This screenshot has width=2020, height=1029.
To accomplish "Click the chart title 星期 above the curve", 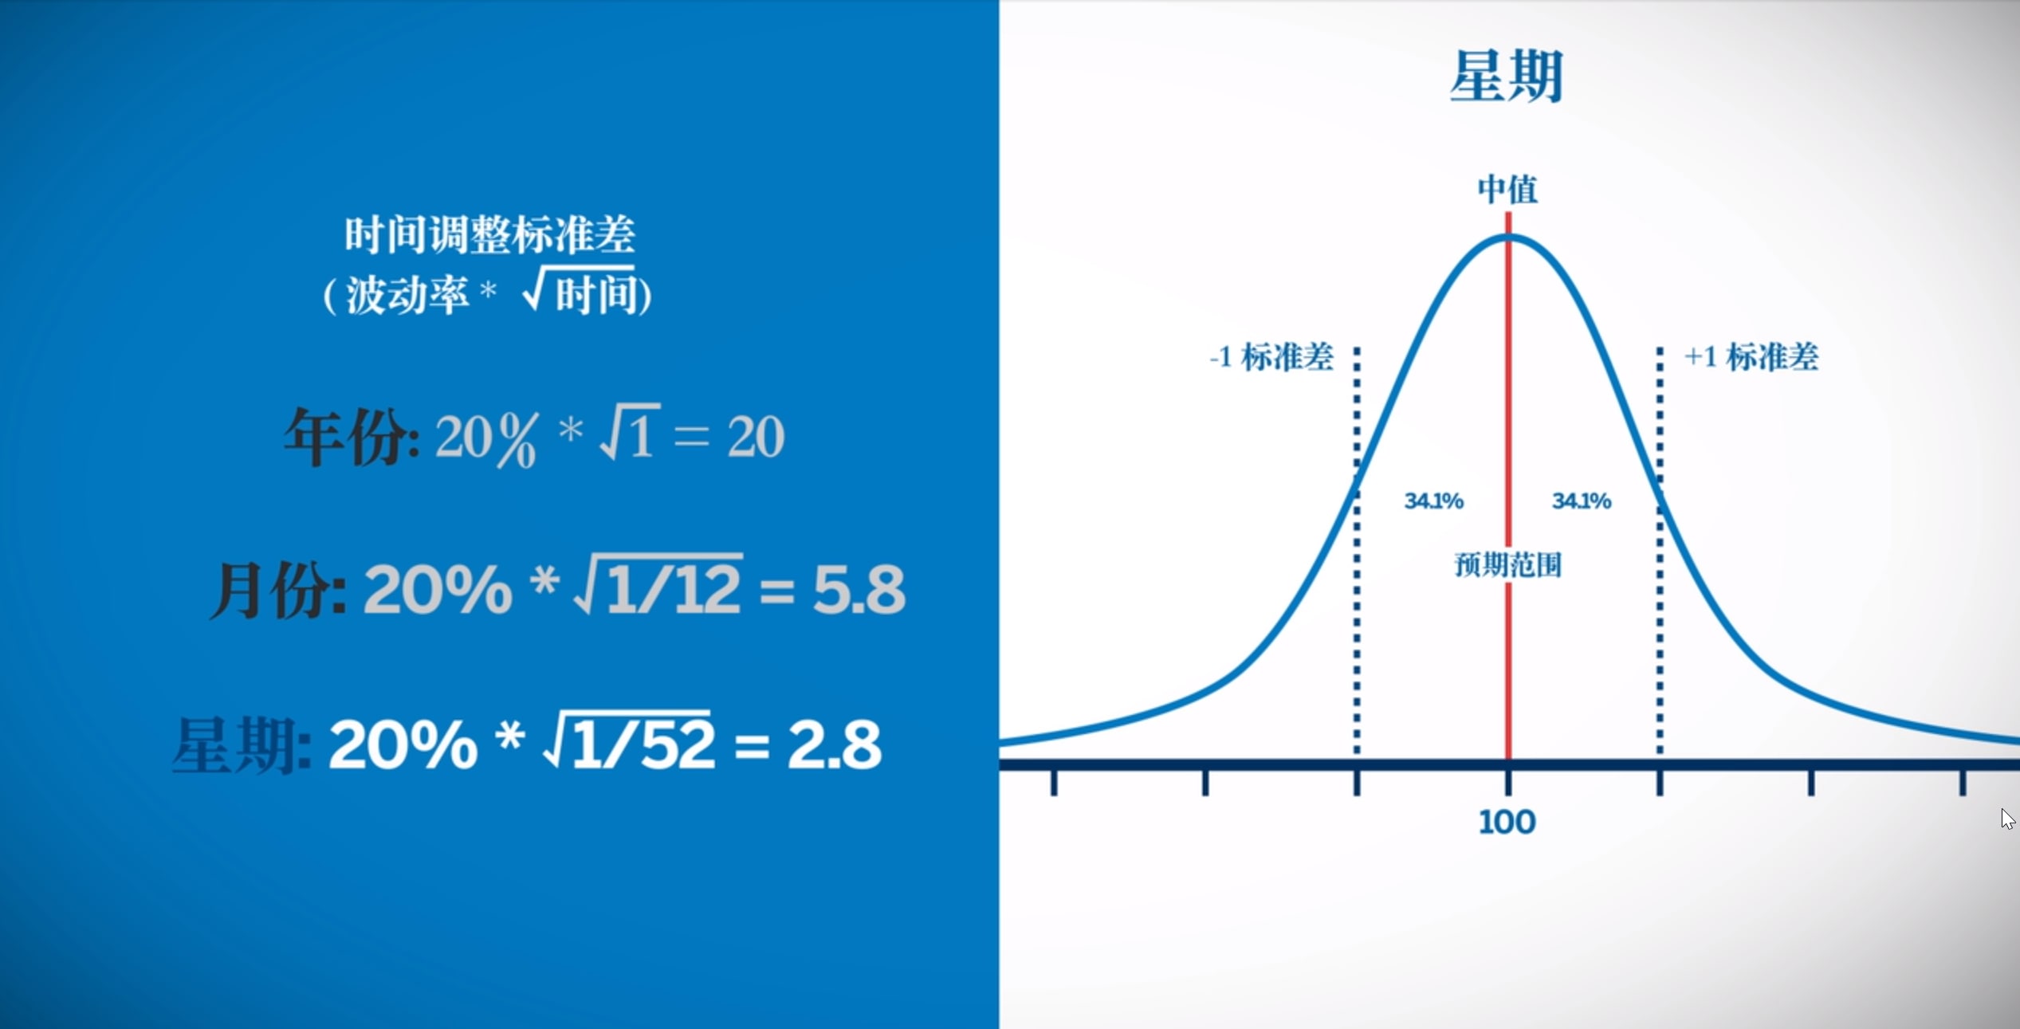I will pos(1506,77).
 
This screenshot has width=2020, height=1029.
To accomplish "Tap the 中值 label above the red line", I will pos(1507,190).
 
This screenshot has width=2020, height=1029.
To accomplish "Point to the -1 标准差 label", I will pos(1271,357).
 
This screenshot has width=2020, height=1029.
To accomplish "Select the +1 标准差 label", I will pos(1751,357).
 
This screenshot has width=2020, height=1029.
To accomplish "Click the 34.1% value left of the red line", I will pos(1433,501).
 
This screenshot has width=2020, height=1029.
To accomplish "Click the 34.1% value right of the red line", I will pos(1582,501).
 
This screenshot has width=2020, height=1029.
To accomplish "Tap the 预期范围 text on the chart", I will pos(1507,565).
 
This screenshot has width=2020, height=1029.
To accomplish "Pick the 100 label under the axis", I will pos(1507,823).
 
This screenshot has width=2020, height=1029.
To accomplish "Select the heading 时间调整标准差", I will pos(489,235).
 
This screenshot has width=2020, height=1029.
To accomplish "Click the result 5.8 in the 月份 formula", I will pos(859,591).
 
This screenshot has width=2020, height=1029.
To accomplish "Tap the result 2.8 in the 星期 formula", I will pos(834,745).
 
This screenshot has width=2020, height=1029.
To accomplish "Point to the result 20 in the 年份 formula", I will pos(756,437).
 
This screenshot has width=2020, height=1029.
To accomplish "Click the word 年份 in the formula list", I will pos(349,437).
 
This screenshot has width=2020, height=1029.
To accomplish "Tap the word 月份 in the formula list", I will pos(275,591).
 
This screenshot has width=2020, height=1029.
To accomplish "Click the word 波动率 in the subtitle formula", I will pos(407,297).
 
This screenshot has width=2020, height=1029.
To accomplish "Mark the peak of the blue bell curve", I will pos(1508,236).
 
